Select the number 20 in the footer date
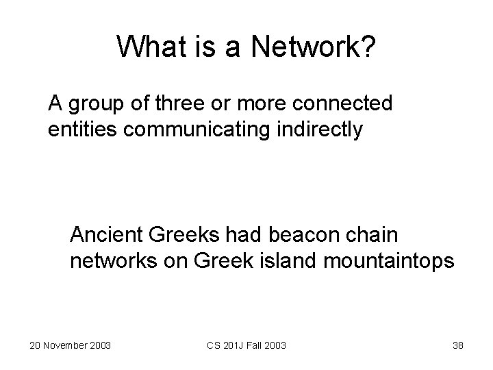[36, 345]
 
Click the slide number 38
[457, 345]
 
